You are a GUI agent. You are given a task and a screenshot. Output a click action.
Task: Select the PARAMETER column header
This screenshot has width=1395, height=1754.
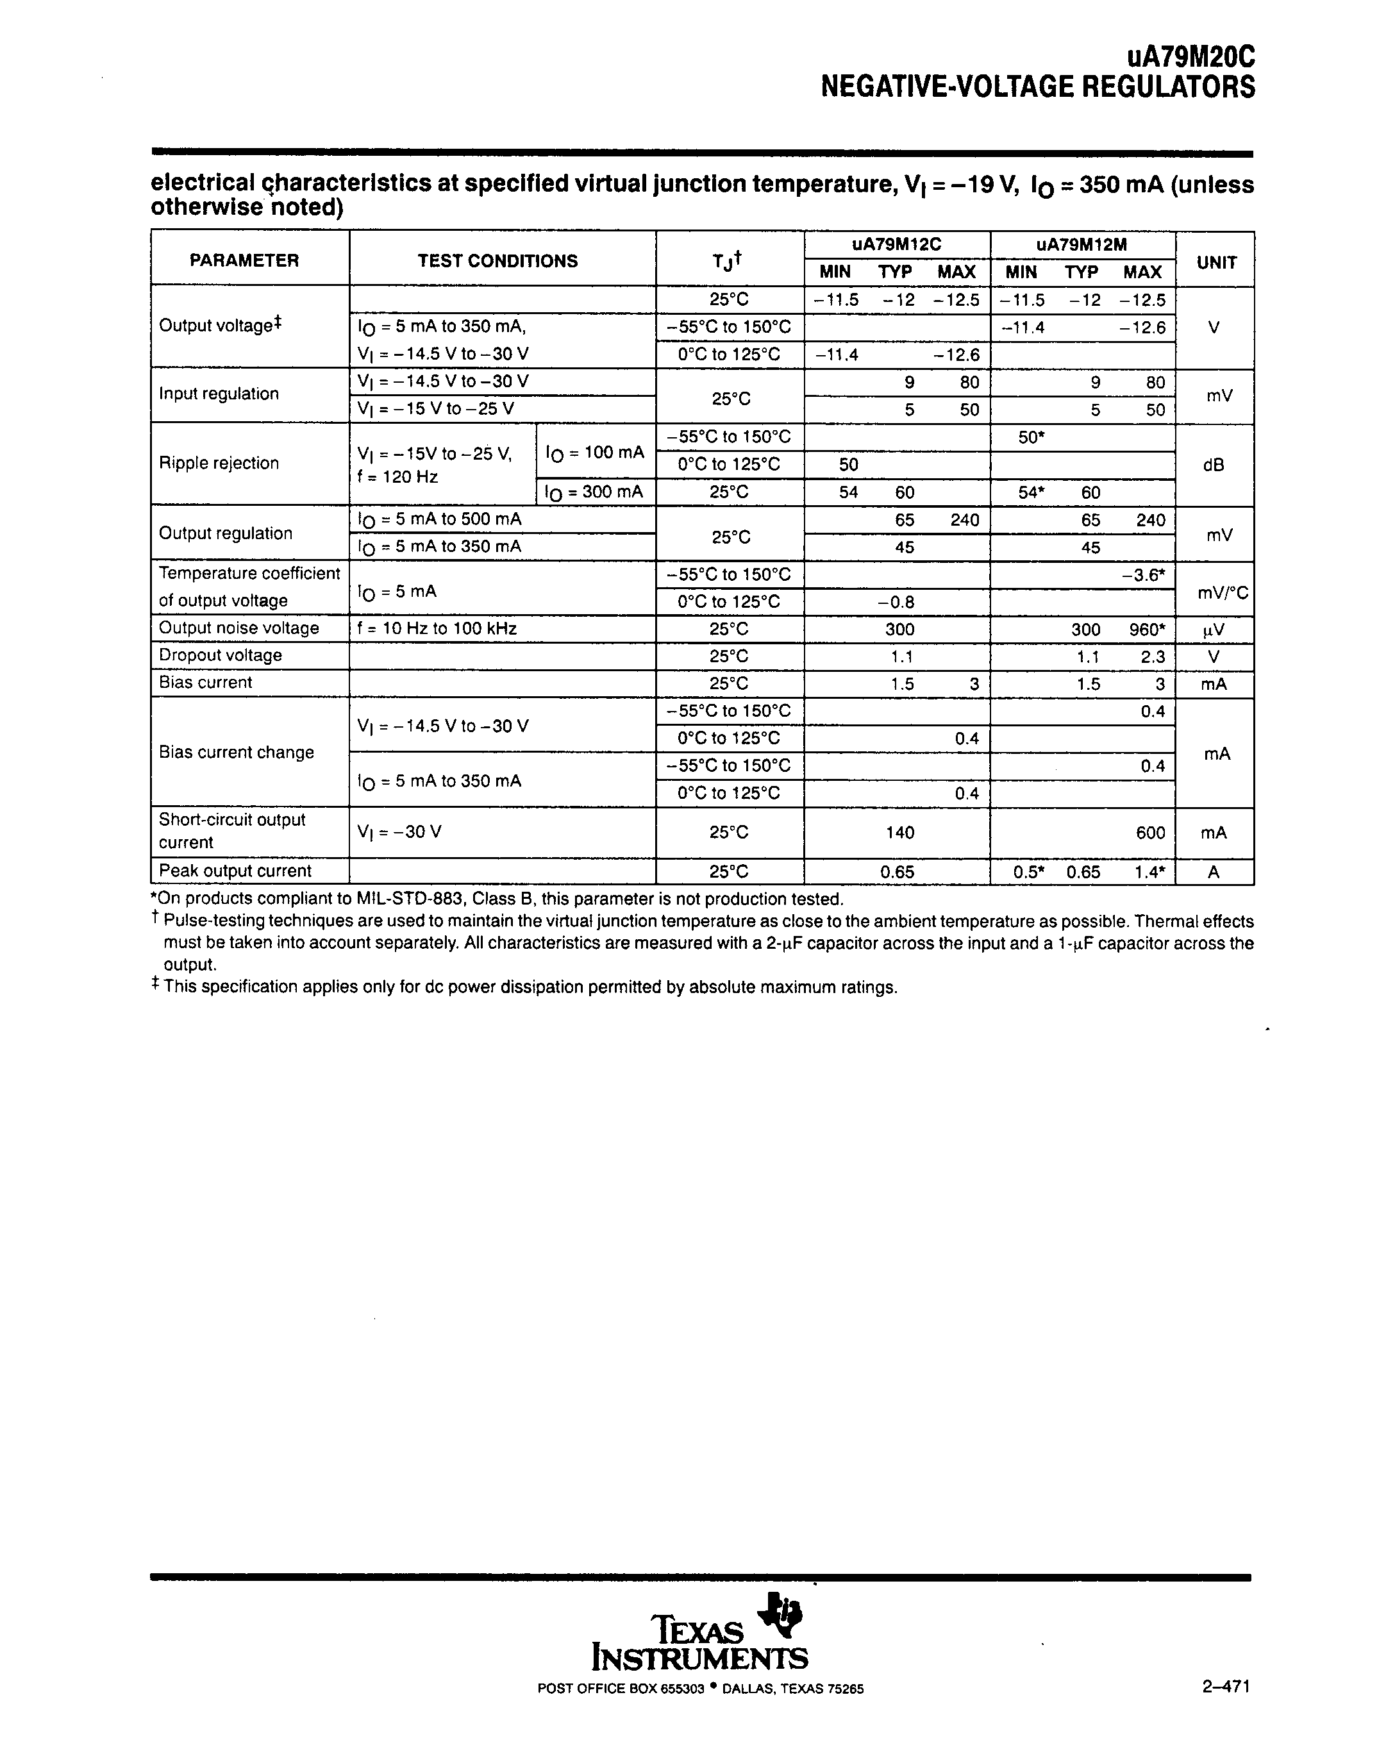(x=244, y=260)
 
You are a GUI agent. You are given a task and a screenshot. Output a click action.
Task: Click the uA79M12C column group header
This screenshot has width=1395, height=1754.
(x=896, y=245)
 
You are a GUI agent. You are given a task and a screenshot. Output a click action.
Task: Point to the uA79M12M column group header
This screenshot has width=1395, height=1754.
(x=1082, y=245)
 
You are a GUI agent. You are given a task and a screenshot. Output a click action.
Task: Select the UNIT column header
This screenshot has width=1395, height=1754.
(x=1216, y=263)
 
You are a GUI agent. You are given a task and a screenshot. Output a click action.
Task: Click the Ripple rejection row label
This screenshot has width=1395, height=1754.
(x=219, y=463)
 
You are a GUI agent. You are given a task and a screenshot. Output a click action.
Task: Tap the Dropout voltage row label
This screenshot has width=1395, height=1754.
(x=221, y=655)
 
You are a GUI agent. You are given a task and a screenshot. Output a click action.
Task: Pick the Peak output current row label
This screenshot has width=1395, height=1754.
(x=235, y=871)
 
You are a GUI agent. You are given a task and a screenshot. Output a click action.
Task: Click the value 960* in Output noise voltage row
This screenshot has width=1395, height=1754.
(x=1146, y=629)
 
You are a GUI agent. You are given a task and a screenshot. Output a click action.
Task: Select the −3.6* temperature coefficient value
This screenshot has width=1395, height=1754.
(x=1144, y=574)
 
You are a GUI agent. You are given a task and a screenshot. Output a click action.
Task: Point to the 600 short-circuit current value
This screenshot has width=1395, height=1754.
(x=1151, y=832)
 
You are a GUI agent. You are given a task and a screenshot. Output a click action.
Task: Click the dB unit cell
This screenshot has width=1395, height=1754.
(x=1213, y=465)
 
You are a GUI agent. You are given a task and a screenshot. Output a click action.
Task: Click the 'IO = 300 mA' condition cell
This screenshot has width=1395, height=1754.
(x=594, y=491)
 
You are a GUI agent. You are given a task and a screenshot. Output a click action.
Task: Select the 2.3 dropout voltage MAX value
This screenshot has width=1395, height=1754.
(x=1153, y=656)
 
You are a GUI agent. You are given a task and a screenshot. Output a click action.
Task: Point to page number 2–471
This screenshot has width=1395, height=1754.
(x=1225, y=1687)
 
